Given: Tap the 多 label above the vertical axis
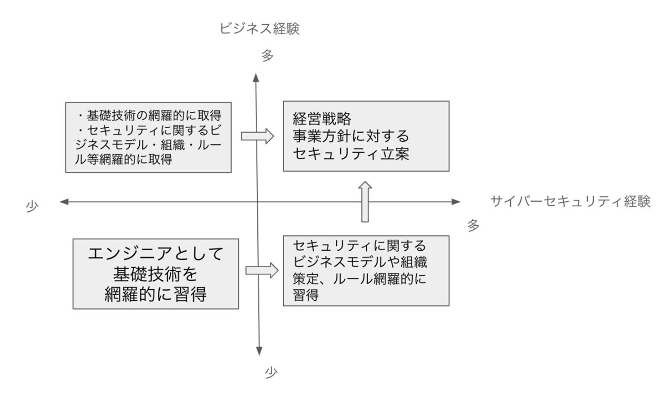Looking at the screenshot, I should tap(267, 56).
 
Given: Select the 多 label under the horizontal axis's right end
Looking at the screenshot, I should tap(474, 225).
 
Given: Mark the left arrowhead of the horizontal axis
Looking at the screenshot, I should tap(63, 202).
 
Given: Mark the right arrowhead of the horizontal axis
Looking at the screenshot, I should tap(455, 202).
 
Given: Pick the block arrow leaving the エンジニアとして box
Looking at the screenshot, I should tap(261, 270).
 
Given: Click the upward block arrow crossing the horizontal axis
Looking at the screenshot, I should tap(365, 202).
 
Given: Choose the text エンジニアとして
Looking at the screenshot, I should tap(155, 254).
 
